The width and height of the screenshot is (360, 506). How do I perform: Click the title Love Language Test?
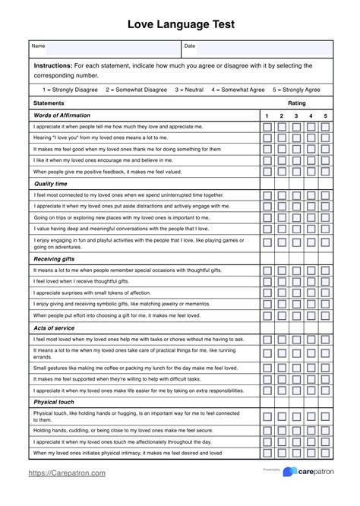[x=180, y=24]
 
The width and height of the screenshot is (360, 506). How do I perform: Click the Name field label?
[x=38, y=46]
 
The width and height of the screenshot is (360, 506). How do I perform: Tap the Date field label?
[x=189, y=46]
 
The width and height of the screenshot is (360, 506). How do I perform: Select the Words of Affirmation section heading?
[x=63, y=115]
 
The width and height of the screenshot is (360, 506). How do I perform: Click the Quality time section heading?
[x=52, y=184]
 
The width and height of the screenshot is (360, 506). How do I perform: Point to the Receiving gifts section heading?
[x=55, y=259]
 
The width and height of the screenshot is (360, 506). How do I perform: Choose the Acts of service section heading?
[x=54, y=327]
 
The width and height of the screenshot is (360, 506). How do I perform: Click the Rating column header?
[x=296, y=102]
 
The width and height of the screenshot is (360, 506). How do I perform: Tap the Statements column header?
[x=49, y=102]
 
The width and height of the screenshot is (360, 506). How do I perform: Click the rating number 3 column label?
[x=296, y=115]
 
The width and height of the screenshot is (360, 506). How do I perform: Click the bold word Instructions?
[x=52, y=66]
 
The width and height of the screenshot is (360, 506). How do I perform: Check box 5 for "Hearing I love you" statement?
[x=325, y=139]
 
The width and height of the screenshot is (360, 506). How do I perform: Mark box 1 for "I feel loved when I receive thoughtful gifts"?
[x=267, y=282]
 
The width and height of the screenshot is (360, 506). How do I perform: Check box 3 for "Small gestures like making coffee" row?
[x=296, y=367]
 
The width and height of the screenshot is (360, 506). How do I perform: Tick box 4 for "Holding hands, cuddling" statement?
[x=311, y=429]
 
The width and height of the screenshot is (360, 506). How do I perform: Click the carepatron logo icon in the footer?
[x=289, y=473]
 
